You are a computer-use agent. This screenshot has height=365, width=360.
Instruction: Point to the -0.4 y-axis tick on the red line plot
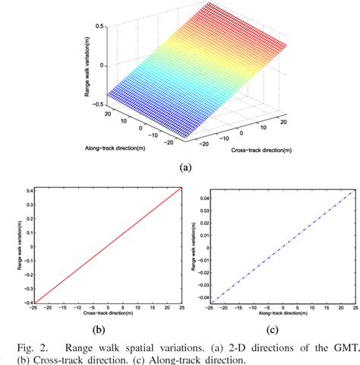coord(26,303)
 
